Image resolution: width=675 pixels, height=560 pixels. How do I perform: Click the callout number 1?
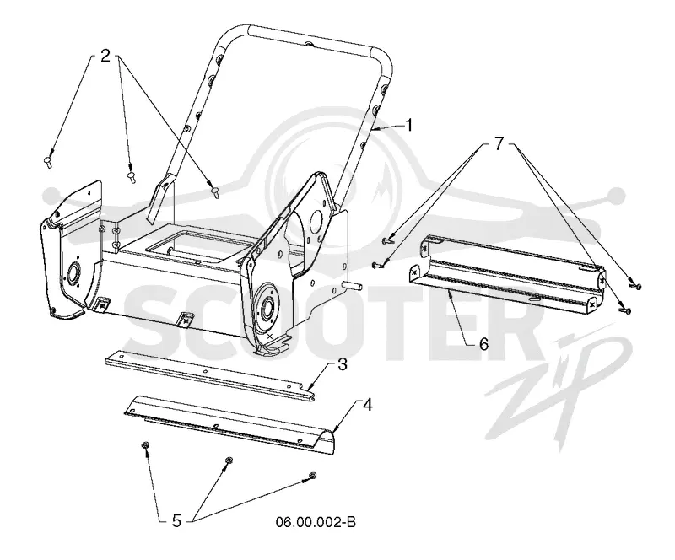tap(409, 126)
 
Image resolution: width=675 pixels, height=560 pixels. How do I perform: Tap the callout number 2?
tap(105, 55)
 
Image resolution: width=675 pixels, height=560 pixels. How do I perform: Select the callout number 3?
tap(343, 364)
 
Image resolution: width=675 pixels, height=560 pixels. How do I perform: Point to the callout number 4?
tap(367, 405)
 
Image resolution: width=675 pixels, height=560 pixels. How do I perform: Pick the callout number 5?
tap(176, 521)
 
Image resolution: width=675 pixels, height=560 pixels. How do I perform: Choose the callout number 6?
tap(483, 344)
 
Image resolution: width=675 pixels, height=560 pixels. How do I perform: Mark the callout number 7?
tap(499, 144)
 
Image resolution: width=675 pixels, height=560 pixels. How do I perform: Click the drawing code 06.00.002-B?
tap(316, 522)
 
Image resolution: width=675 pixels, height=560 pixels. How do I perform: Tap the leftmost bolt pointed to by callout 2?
tap(48, 162)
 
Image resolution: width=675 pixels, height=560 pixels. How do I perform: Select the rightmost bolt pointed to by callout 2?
tap(215, 191)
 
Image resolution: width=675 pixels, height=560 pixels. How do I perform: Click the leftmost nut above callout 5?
tap(145, 445)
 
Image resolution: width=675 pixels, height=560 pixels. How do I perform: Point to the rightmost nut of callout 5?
tap(313, 476)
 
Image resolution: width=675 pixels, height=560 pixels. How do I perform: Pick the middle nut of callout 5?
tap(229, 461)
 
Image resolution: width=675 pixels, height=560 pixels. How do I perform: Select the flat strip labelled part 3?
tap(209, 374)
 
